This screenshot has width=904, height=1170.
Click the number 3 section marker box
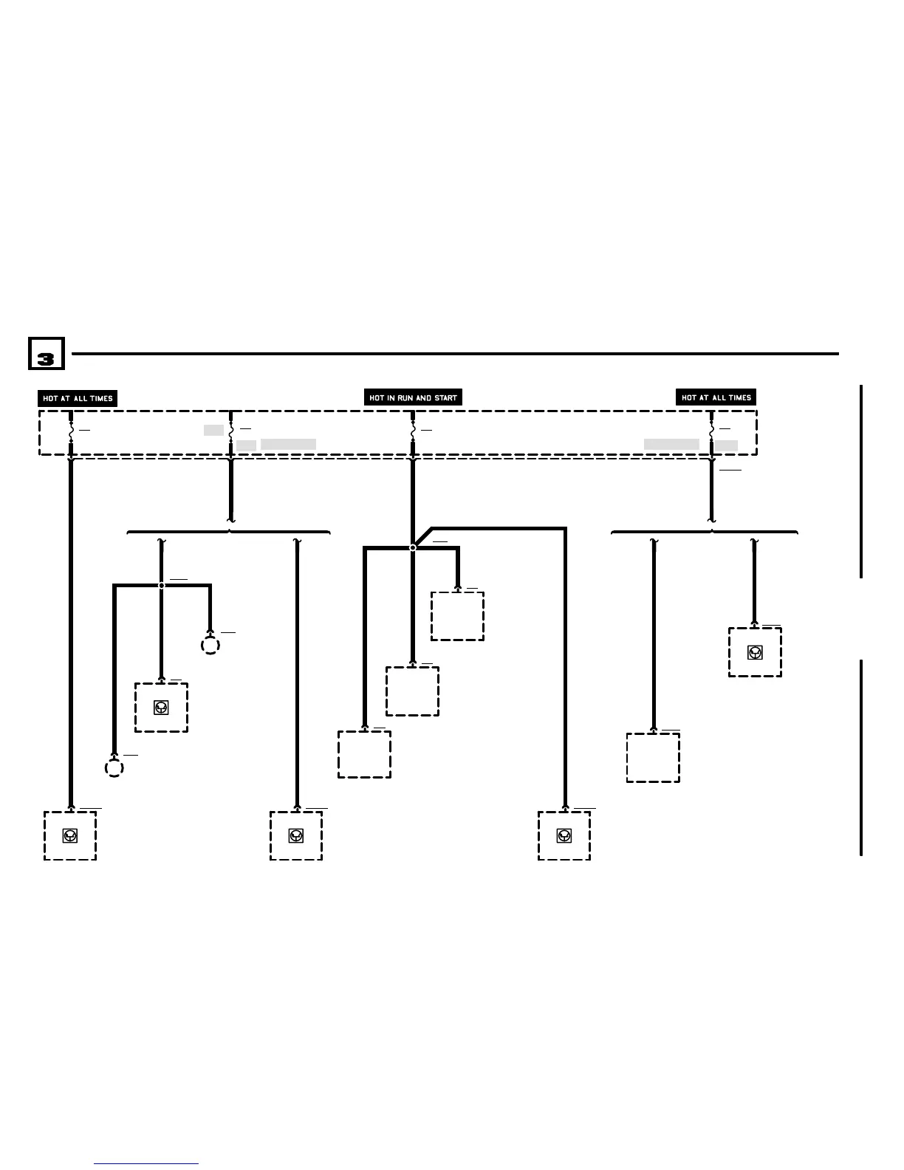tap(46, 354)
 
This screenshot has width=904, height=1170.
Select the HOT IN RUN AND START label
tap(414, 397)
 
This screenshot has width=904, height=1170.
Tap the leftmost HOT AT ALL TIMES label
tap(78, 398)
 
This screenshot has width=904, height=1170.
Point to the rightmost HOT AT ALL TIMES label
tap(716, 397)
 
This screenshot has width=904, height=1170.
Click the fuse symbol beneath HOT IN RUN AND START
tap(412, 429)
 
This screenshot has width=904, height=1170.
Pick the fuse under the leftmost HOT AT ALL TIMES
tap(71, 429)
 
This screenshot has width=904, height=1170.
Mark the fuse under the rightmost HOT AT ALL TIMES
tap(711, 429)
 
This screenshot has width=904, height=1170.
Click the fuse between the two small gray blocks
tap(231, 429)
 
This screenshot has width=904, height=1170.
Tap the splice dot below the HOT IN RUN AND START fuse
tap(413, 547)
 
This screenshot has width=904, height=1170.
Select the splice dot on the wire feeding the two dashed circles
tap(162, 585)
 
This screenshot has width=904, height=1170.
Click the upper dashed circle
tap(210, 646)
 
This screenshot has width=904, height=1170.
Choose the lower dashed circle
tap(114, 768)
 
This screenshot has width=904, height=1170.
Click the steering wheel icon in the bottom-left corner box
tap(70, 835)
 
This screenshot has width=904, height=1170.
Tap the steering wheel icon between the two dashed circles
tap(161, 708)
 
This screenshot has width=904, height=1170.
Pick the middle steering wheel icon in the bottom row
tap(295, 835)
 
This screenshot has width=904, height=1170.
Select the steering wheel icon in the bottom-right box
tap(564, 835)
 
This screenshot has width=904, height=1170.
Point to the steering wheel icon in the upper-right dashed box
tap(755, 652)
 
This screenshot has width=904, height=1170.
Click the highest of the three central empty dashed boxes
tap(457, 616)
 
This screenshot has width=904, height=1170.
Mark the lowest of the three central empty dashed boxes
tap(364, 754)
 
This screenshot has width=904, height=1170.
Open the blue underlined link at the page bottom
tap(146, 1163)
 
